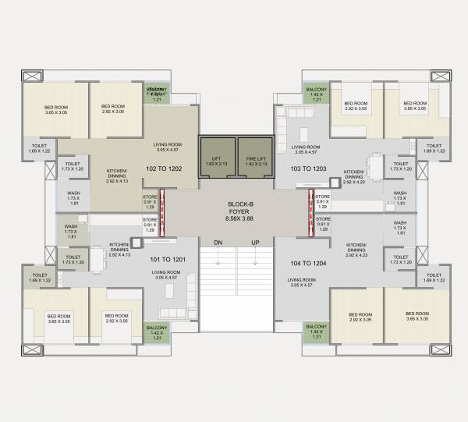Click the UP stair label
click(254, 243)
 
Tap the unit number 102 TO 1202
click(164, 167)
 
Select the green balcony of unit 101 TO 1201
click(156, 332)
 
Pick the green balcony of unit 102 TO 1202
click(156, 94)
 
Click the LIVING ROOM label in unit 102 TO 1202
click(166, 147)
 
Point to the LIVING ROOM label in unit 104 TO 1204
click(301, 282)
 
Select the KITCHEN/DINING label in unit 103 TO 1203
click(354, 176)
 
